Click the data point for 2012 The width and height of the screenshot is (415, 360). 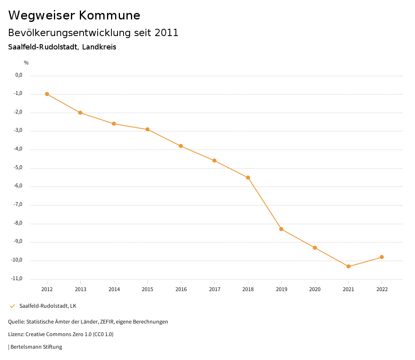click(47, 94)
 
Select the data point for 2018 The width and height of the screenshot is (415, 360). click(248, 178)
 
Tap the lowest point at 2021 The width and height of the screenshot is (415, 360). click(349, 266)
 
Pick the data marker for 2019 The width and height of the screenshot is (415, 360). click(281, 229)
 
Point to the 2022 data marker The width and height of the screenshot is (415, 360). click(382, 257)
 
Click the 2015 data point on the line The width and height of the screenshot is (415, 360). click(148, 129)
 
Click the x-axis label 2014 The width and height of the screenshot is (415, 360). click(114, 289)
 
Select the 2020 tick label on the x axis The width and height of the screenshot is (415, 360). click(315, 289)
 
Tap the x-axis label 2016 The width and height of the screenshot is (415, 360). click(181, 289)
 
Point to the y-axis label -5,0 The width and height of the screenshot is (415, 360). click(19, 167)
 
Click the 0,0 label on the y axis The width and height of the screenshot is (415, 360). click(19, 75)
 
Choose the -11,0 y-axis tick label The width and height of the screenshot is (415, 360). click(17, 279)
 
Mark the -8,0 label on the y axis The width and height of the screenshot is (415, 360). click(19, 223)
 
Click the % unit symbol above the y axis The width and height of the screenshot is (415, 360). click(26, 63)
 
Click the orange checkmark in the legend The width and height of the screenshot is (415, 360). click(12, 306)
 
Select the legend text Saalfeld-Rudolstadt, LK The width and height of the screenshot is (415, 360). click(48, 306)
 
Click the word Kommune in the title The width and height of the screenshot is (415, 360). click(109, 15)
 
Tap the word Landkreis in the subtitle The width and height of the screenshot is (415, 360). click(99, 47)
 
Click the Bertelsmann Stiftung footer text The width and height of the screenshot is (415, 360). click(36, 347)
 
